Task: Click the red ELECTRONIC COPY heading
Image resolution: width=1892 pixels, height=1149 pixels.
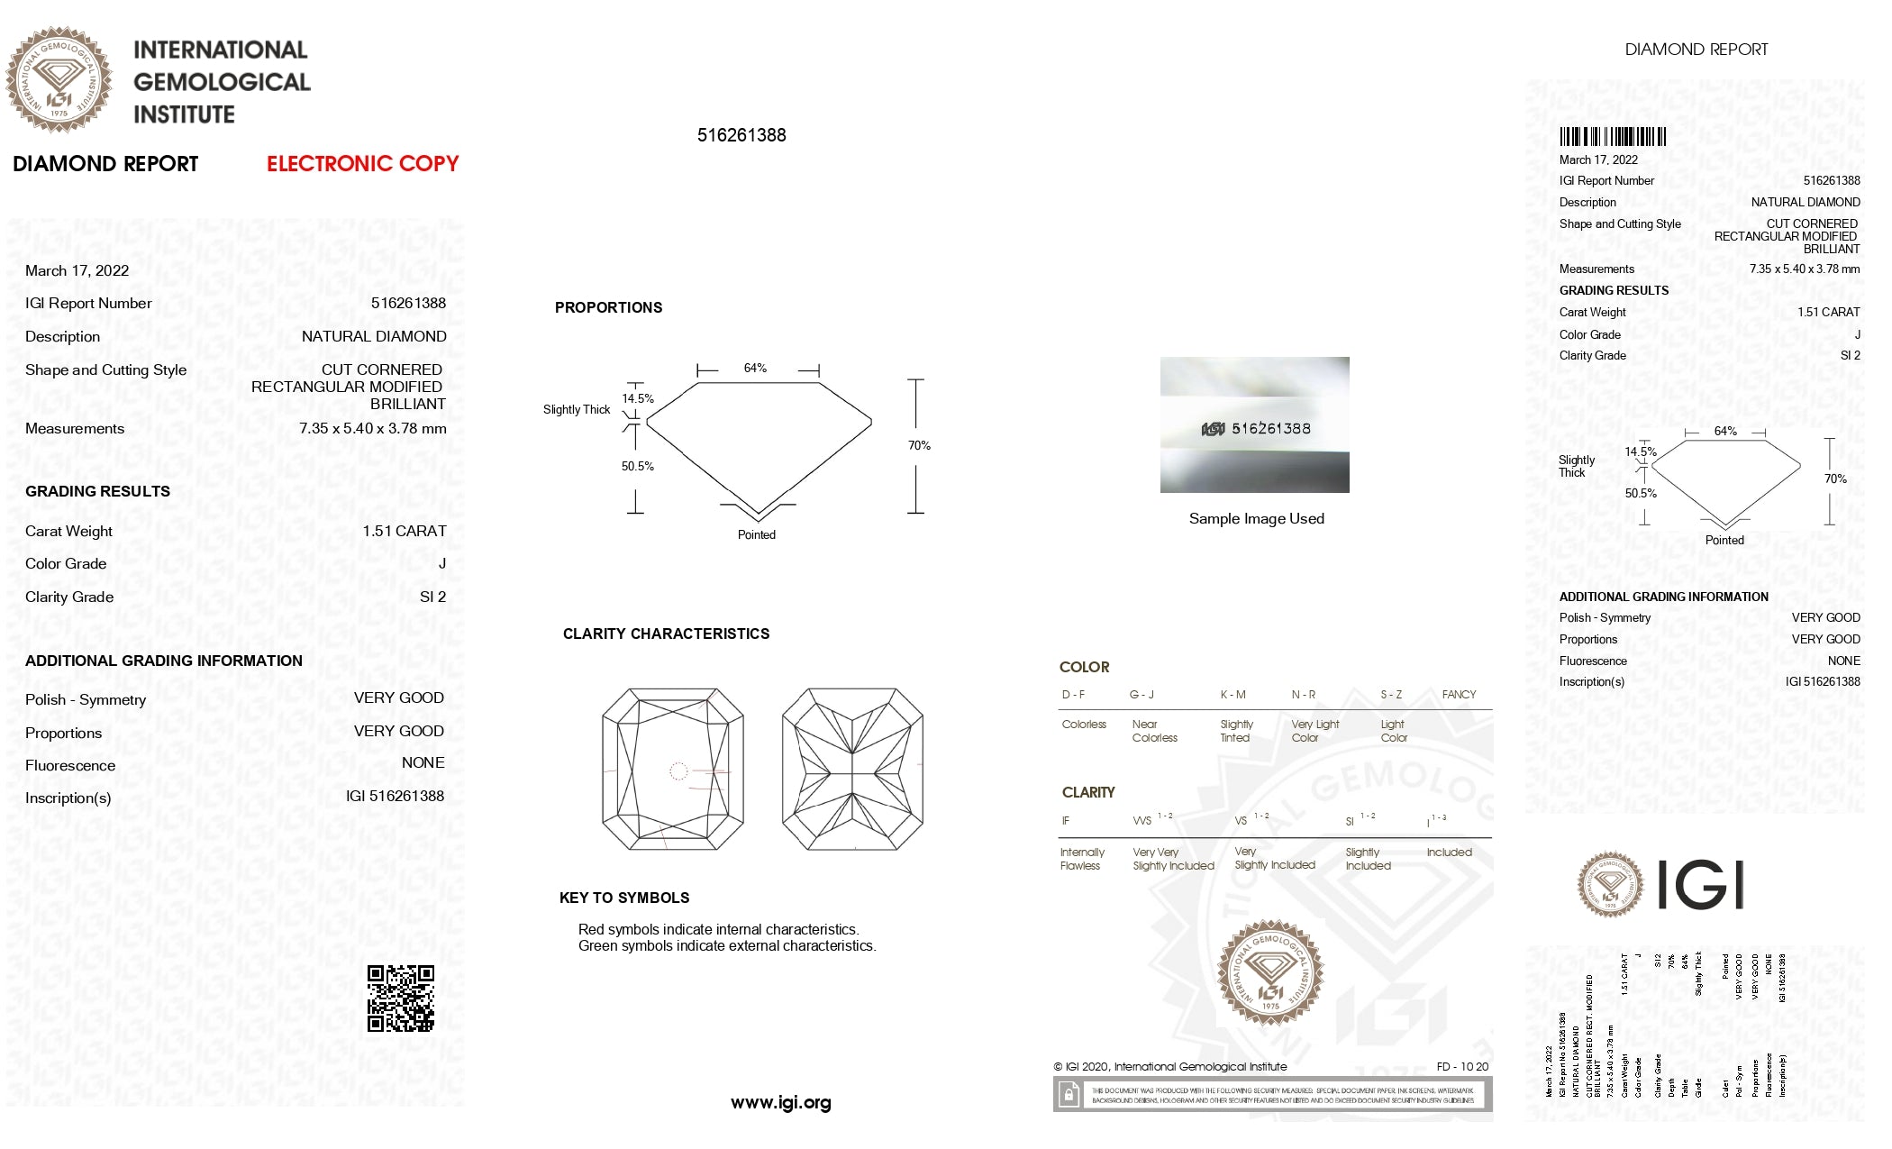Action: tap(362, 164)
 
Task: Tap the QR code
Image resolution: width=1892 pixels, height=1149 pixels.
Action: tap(401, 999)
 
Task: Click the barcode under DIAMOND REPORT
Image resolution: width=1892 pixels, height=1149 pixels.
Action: tap(1613, 137)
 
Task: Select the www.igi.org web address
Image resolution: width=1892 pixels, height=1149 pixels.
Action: tap(780, 1103)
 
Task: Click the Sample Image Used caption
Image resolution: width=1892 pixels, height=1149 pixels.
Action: tap(1256, 519)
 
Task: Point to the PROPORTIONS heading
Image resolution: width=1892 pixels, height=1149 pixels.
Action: tap(608, 308)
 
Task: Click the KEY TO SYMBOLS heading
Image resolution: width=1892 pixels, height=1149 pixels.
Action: tap(624, 898)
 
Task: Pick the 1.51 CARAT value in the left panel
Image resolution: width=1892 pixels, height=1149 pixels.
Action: tap(405, 532)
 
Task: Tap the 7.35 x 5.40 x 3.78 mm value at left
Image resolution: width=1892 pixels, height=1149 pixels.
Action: tap(372, 429)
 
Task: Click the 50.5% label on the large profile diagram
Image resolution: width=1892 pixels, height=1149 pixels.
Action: tap(637, 467)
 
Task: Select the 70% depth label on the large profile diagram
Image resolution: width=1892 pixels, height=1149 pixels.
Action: tap(919, 446)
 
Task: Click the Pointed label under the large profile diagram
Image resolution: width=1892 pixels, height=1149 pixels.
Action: tap(756, 535)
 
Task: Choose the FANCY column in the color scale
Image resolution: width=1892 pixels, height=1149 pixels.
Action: tap(1459, 695)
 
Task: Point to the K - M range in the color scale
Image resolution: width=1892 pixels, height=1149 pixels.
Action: tap(1233, 695)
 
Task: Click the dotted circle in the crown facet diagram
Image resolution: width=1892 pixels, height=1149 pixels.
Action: tap(678, 771)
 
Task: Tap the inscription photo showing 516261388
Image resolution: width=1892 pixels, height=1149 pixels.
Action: tap(1254, 425)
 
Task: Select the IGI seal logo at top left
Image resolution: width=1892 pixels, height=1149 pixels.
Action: tap(59, 79)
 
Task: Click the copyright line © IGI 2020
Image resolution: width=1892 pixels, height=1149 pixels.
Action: tap(1169, 1067)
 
